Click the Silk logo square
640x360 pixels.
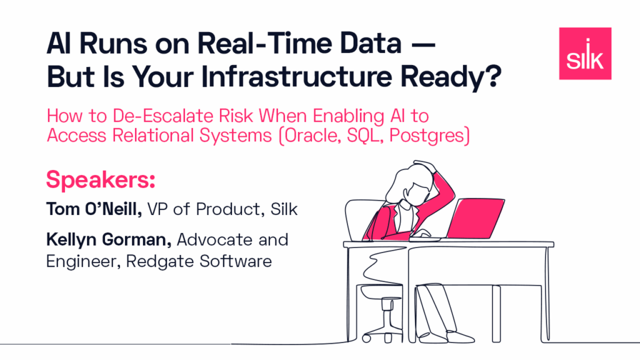pyautogui.click(x=585, y=54)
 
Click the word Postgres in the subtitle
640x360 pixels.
pyautogui.click(x=426, y=136)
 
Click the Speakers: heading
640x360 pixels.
pyautogui.click(x=101, y=180)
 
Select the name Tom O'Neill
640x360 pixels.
pyautogui.click(x=94, y=209)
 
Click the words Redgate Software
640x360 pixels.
pyautogui.click(x=199, y=261)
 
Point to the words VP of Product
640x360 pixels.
pyautogui.click(x=204, y=209)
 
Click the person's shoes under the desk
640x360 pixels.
pyautogui.click(x=447, y=337)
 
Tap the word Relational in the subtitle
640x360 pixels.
pyautogui.click(x=152, y=135)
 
